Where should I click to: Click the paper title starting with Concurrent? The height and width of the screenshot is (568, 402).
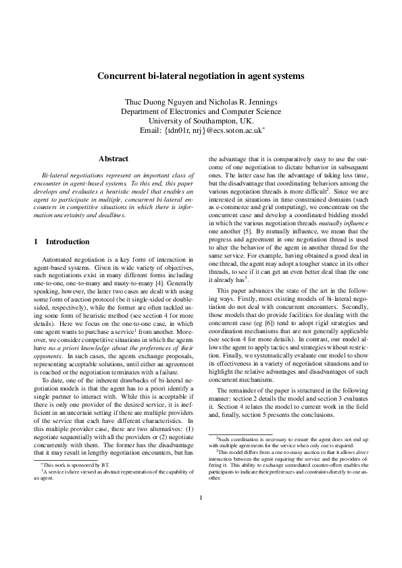(x=201, y=77)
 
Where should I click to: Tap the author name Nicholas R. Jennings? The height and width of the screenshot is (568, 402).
(x=239, y=102)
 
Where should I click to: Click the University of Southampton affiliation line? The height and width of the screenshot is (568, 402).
(x=201, y=121)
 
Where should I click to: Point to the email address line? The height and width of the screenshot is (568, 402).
(x=201, y=130)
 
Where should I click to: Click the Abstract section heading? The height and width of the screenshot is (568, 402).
(x=113, y=159)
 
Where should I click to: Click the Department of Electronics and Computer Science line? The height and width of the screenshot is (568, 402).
(x=201, y=111)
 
